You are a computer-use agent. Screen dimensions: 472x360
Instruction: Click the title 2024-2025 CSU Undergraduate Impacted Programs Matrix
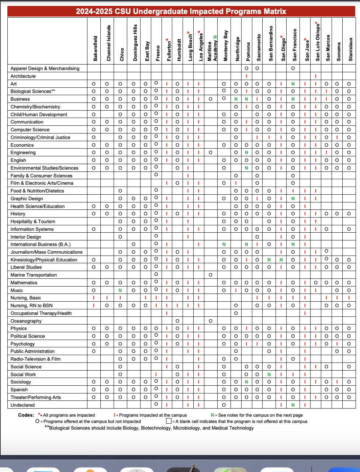[x=181, y=11]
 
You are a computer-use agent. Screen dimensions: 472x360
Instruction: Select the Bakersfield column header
[x=96, y=48]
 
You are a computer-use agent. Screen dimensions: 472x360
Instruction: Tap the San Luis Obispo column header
[x=317, y=42]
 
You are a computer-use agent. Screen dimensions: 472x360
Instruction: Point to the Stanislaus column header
[x=350, y=49]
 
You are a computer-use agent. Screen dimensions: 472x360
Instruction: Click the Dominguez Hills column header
[x=135, y=43]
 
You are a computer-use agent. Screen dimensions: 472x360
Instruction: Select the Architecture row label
[x=23, y=76]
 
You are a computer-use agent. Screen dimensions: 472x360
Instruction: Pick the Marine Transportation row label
[x=34, y=275]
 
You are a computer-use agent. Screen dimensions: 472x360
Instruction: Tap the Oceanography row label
[x=26, y=321]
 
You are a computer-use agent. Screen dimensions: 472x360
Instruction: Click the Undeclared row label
[x=22, y=405]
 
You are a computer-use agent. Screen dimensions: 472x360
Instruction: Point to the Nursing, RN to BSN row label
[x=31, y=305]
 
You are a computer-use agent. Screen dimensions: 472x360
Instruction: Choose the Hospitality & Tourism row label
[x=33, y=221]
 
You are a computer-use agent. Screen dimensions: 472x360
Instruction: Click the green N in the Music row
[x=120, y=290]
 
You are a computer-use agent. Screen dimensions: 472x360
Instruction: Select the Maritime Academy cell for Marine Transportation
[x=210, y=275]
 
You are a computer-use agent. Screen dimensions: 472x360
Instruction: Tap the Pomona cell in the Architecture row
[x=246, y=76]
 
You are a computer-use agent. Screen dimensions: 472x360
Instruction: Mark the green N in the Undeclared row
[x=293, y=405]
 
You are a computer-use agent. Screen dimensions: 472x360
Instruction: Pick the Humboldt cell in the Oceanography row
[x=177, y=321]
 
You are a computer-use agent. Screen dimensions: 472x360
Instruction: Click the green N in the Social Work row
[x=269, y=374]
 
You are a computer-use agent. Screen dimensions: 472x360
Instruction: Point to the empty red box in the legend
[x=169, y=421]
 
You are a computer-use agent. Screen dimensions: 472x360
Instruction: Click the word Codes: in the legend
[x=26, y=415]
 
